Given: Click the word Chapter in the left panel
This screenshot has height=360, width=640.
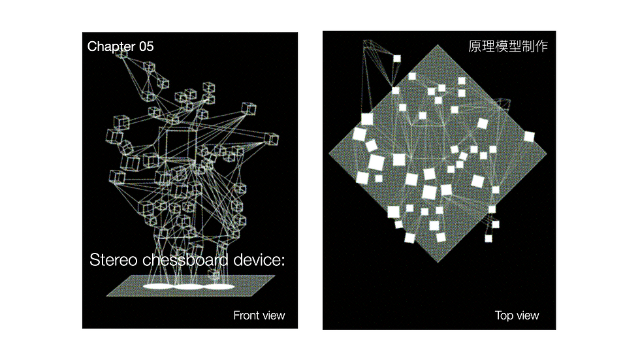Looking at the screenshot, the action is click(x=111, y=46).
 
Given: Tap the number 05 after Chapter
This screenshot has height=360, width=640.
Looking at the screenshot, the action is click(x=146, y=46).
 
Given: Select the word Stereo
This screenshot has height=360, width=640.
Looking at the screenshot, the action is click(x=114, y=259).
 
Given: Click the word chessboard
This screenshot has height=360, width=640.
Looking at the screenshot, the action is click(x=185, y=259).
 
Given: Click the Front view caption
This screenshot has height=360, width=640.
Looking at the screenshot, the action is click(x=259, y=316).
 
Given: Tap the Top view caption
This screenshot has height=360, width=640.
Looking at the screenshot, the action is click(x=517, y=316).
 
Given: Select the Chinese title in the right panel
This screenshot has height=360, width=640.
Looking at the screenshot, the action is click(x=508, y=46).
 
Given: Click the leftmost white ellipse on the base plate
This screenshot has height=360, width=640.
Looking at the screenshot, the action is click(x=158, y=287).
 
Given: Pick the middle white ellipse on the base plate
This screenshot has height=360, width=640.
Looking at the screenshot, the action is click(x=189, y=287).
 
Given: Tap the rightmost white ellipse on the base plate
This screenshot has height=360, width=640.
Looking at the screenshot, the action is click(x=219, y=287).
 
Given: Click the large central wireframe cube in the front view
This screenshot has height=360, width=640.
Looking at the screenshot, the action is click(x=180, y=144).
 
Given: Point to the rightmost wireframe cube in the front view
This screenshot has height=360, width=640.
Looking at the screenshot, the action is click(x=272, y=139).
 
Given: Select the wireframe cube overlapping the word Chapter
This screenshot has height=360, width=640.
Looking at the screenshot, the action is click(x=121, y=52).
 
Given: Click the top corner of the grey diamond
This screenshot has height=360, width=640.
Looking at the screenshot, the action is click(x=438, y=45).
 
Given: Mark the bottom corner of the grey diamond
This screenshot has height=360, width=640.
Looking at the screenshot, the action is click(x=438, y=262).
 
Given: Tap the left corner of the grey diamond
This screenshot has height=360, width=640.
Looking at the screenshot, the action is click(x=329, y=154).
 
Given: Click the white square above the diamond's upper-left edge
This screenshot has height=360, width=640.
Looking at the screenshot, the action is click(x=397, y=59).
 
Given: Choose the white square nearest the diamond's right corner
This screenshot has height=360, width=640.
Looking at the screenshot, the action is click(x=529, y=137).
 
